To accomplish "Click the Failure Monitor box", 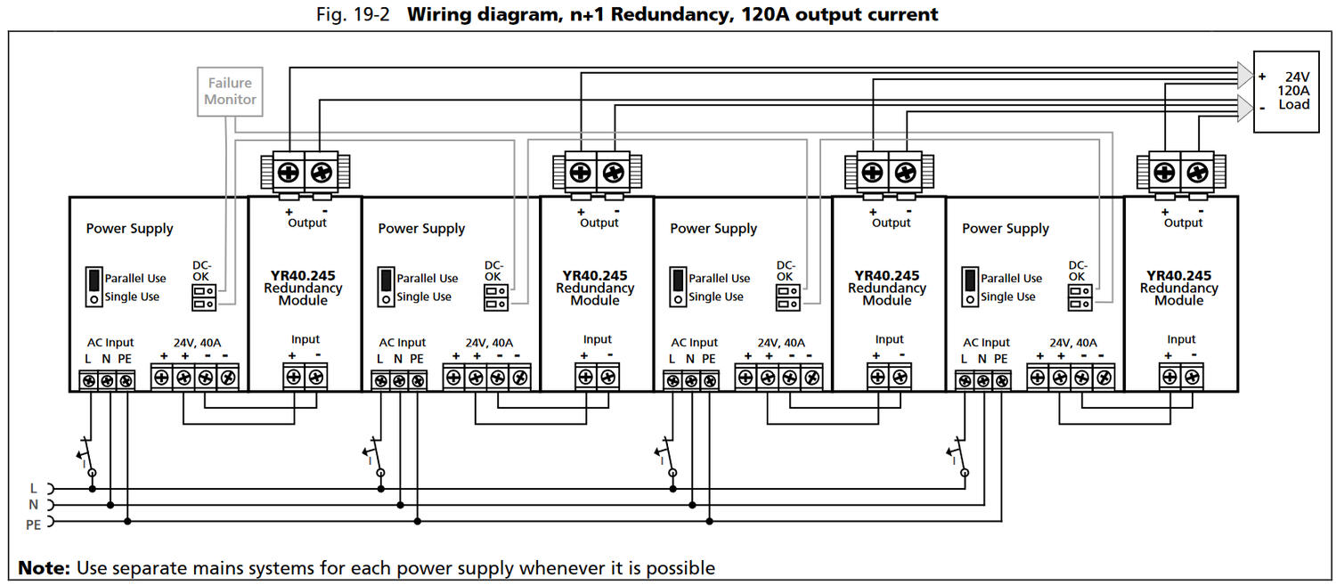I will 230,92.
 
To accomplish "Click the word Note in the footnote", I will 43,568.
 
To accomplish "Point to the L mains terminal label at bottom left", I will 34,488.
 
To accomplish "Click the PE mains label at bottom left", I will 34,524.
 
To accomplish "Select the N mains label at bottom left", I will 34,505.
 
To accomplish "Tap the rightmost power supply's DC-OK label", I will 1078,271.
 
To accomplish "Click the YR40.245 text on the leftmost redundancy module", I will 303,276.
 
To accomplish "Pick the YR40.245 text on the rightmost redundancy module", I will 1179,276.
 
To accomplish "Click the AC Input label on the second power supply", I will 403,343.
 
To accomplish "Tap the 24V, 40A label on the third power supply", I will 781,343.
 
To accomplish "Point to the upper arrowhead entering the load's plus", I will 1243,71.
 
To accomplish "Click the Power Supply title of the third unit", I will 713,229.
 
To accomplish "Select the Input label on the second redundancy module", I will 597,339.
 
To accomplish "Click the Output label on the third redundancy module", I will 891,223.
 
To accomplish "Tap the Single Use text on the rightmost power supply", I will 1008,297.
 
